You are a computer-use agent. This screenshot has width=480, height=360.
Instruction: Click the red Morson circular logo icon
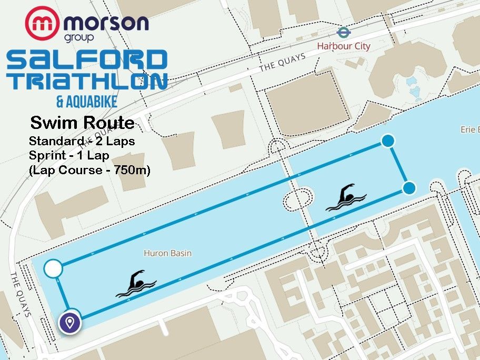pos(42,24)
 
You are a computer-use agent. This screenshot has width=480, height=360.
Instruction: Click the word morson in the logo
pos(105,23)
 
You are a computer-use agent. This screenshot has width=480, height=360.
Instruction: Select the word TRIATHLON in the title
pos(87,81)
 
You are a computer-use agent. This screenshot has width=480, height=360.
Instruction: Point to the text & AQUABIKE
pos(86,101)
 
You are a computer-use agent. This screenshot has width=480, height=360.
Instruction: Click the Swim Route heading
pos(82,123)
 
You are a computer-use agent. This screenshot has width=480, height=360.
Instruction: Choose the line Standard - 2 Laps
pos(82,141)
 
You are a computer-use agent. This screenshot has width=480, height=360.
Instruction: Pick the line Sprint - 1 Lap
pos(68,156)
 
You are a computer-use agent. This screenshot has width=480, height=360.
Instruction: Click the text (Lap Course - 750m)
pos(89,170)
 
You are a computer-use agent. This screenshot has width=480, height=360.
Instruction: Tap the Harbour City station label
pos(343,46)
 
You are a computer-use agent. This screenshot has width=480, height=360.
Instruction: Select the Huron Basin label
pos(167,253)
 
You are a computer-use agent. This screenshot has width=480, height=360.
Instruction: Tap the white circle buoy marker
pos(53,269)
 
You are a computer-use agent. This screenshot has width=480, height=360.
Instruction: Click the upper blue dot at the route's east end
pos(388,141)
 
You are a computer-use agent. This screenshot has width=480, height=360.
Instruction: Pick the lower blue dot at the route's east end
pos(409,187)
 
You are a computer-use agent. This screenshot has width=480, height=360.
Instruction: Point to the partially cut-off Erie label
pos(469,129)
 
